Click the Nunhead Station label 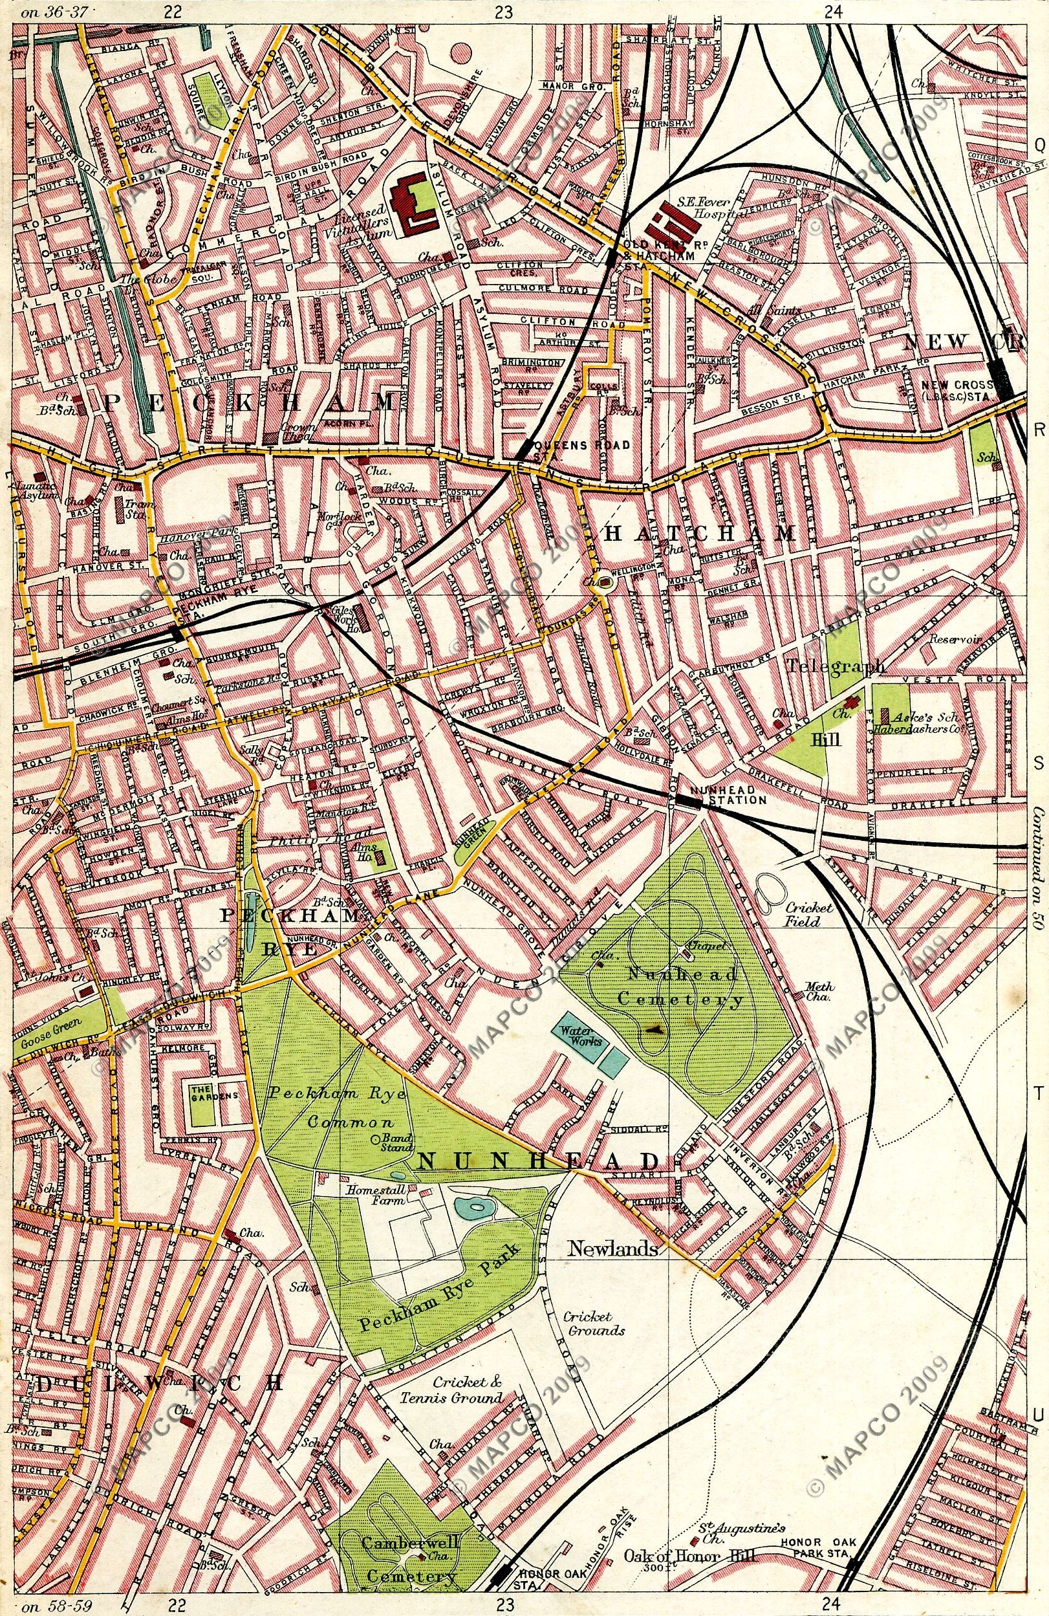coord(727,800)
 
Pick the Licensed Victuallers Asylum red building coord(412,203)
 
